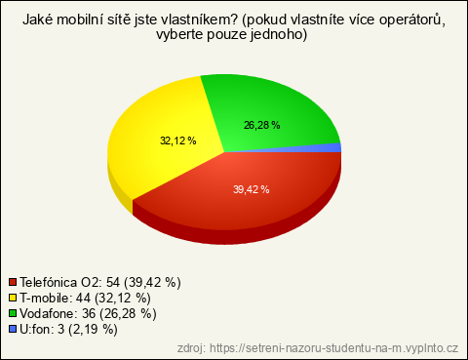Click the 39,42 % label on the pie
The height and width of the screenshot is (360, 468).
click(252, 189)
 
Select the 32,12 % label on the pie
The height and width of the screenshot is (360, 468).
click(178, 140)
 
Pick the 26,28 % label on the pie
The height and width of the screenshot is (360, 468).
click(262, 125)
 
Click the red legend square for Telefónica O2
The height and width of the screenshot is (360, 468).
click(13, 282)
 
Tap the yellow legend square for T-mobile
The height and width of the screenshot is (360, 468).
click(13, 298)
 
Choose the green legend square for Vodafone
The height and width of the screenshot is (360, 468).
click(13, 313)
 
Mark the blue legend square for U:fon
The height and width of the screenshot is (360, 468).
click(13, 329)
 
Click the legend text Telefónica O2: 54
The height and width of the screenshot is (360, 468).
click(70, 282)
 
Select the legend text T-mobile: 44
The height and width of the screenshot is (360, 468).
click(55, 298)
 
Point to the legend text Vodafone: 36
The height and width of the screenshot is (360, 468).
click(58, 313)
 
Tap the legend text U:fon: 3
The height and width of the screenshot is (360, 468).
click(42, 330)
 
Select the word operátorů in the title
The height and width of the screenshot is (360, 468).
click(412, 20)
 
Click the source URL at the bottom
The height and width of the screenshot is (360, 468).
click(333, 348)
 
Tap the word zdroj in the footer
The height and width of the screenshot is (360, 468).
click(191, 348)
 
